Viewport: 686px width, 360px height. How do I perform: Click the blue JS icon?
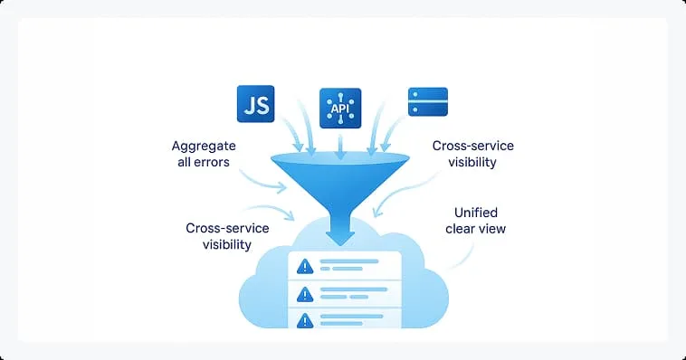tap(254, 104)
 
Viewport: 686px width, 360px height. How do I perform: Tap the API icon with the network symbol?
tap(340, 109)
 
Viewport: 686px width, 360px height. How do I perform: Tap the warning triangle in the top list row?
tap(305, 266)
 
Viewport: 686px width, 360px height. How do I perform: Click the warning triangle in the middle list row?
tap(305, 294)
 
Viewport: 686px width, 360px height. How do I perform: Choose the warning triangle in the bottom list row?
tap(305, 319)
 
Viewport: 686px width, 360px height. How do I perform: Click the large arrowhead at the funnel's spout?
tap(340, 237)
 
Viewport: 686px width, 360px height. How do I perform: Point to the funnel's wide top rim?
tap(340, 160)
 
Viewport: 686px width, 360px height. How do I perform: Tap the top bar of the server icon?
tap(427, 93)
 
